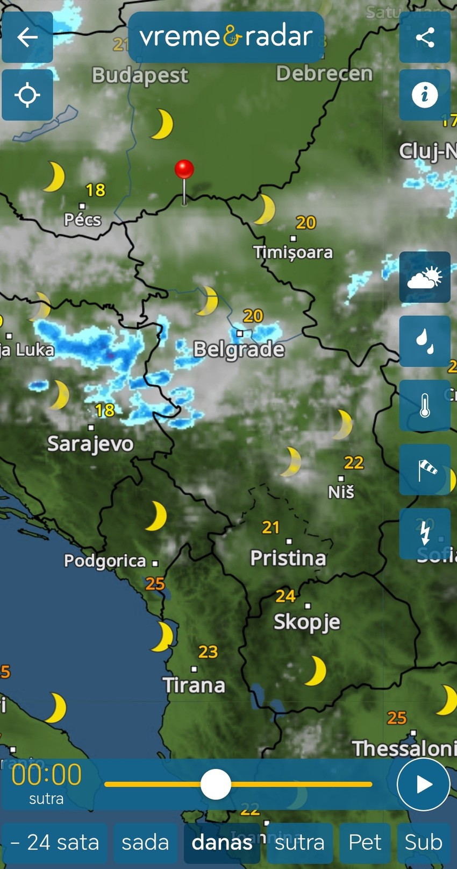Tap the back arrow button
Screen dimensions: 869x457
pyautogui.click(x=27, y=37)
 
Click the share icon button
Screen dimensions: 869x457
pyautogui.click(x=425, y=37)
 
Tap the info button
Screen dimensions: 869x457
pyautogui.click(x=425, y=95)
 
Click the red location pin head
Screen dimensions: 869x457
pyautogui.click(x=184, y=169)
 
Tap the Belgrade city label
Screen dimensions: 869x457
pyautogui.click(x=239, y=350)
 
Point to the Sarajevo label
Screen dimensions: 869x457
pyautogui.click(x=90, y=444)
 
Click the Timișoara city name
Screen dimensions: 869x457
pyautogui.click(x=293, y=252)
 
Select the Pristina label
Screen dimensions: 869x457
pyautogui.click(x=288, y=558)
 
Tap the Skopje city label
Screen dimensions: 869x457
pyautogui.click(x=307, y=622)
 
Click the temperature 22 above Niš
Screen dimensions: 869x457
pyautogui.click(x=354, y=462)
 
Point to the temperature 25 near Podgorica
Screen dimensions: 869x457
pyautogui.click(x=155, y=583)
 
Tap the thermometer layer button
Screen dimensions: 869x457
pyautogui.click(x=425, y=405)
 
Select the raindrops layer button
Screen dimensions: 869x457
pyautogui.click(x=425, y=341)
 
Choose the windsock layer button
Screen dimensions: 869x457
pyautogui.click(x=425, y=470)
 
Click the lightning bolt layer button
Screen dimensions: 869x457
pyautogui.click(x=425, y=533)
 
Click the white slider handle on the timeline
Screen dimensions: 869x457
pyautogui.click(x=216, y=784)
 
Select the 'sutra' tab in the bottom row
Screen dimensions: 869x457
pyautogui.click(x=299, y=843)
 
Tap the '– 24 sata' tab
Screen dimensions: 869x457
pyautogui.click(x=55, y=843)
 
